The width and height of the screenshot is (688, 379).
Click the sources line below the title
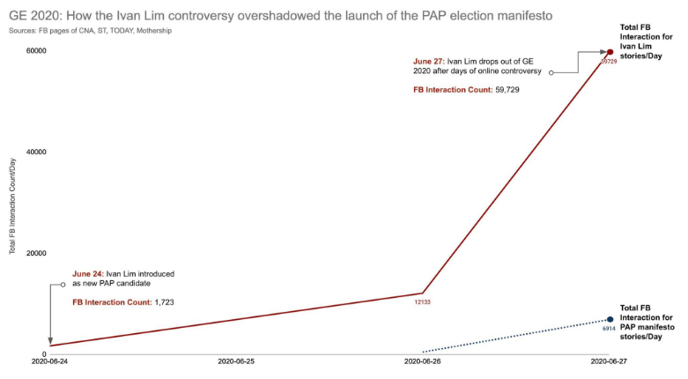(x=91, y=31)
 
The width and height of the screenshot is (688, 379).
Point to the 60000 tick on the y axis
(x=34, y=50)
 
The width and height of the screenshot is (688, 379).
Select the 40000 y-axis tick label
(x=34, y=152)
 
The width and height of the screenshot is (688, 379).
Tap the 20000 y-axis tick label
(x=34, y=253)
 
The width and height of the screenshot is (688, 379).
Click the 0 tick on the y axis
(x=42, y=354)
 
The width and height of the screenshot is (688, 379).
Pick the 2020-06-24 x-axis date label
(x=50, y=362)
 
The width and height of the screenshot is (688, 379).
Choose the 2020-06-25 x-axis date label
(x=236, y=362)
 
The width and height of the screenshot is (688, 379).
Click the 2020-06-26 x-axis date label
(x=423, y=362)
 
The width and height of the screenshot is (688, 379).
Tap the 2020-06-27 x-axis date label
(x=609, y=362)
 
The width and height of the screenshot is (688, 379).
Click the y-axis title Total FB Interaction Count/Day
(x=13, y=202)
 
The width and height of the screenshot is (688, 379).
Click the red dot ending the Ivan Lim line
(x=610, y=52)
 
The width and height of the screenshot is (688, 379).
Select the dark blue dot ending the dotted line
(x=610, y=319)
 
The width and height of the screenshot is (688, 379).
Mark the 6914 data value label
(x=609, y=329)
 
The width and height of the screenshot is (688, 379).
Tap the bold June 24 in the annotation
(x=87, y=274)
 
